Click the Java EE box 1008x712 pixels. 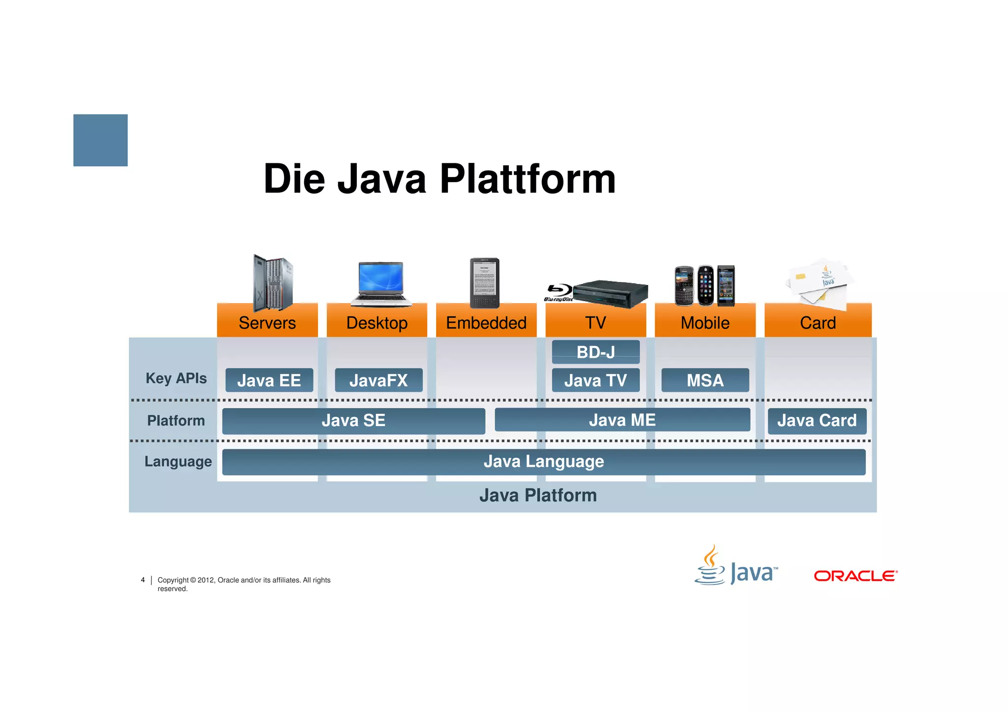point(269,380)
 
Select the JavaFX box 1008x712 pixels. point(378,380)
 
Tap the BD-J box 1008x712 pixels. point(596,352)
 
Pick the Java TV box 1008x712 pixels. point(596,380)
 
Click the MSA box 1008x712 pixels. point(705,380)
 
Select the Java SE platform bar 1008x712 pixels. point(353,421)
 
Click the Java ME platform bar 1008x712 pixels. point(622,420)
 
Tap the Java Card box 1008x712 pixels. point(817,421)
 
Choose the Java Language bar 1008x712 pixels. point(543,462)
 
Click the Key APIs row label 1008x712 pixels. point(176,378)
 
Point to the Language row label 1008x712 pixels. point(178,462)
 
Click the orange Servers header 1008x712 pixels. point(267,323)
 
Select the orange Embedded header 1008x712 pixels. point(486,323)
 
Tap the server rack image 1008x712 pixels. point(272,282)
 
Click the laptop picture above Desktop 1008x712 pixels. point(381,283)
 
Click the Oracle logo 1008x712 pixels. point(855,576)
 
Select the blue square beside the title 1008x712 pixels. point(100,140)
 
